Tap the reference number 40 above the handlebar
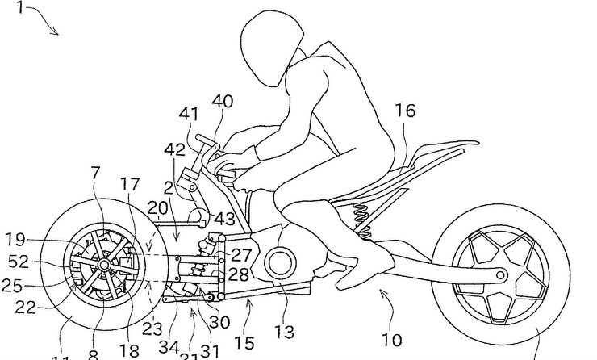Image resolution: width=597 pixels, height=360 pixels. coord(223,102)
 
